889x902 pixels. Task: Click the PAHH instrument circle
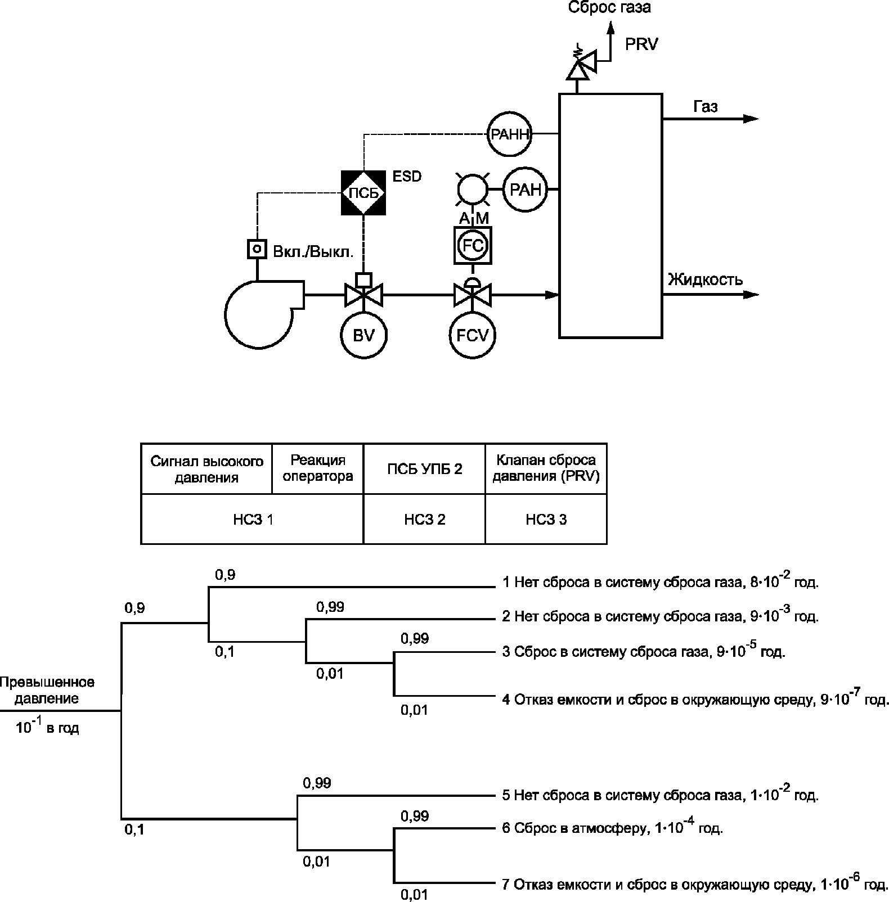(510, 134)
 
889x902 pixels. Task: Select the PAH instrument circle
(526, 190)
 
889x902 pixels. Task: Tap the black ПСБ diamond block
(364, 192)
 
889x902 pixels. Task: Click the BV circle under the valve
(364, 335)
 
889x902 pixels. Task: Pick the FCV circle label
(473, 335)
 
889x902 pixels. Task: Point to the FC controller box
(473, 245)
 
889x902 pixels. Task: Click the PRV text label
(641, 45)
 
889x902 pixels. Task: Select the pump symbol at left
(259, 314)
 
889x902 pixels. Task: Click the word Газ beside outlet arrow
(705, 107)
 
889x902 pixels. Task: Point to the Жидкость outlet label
(705, 279)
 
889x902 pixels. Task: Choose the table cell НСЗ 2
(424, 520)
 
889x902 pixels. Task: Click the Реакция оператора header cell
(318, 468)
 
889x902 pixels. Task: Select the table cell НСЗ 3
(546, 520)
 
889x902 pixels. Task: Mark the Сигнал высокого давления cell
(206, 469)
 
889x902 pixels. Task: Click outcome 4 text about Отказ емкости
(695, 700)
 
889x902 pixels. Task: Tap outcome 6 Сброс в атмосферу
(612, 828)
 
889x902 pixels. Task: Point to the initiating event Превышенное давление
(47, 691)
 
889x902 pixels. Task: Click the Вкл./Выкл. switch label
(313, 251)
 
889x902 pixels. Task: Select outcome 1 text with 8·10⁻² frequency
(660, 582)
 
